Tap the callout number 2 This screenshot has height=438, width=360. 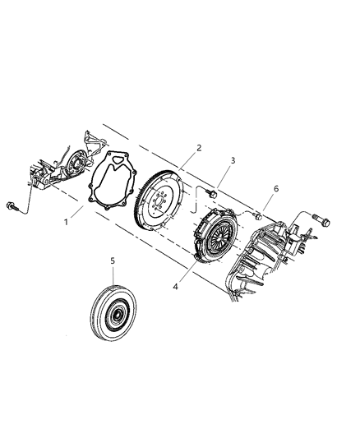point(198,148)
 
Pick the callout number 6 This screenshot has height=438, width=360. point(275,189)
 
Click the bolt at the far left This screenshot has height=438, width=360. point(12,205)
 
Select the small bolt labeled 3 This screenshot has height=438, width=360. point(211,194)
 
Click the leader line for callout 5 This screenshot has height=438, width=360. point(114,274)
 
